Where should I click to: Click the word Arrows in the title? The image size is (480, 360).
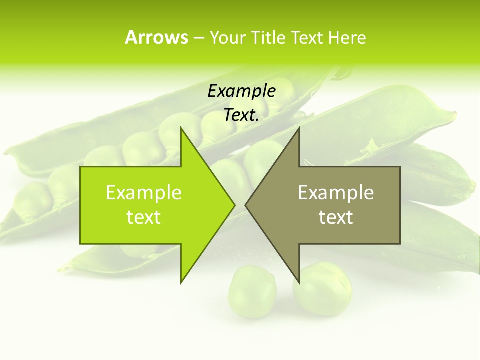pyautogui.click(x=156, y=37)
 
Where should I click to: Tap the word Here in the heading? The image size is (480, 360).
pyautogui.click(x=347, y=37)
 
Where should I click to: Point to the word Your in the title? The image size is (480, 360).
pyautogui.click(x=227, y=37)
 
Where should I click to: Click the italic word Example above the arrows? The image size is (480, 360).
pyautogui.click(x=242, y=91)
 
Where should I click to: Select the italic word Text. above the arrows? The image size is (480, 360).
pyautogui.click(x=242, y=115)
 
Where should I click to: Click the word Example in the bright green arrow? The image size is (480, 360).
pyautogui.click(x=144, y=193)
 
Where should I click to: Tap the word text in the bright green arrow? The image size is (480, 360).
pyautogui.click(x=144, y=217)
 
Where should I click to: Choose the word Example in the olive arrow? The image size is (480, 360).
pyautogui.click(x=336, y=193)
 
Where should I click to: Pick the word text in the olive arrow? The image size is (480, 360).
pyautogui.click(x=336, y=217)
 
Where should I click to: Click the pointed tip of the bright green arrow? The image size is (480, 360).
pyautogui.click(x=234, y=205)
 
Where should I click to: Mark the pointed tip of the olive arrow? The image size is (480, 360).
pyautogui.click(x=246, y=205)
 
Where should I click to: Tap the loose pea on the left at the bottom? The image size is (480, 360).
pyautogui.click(x=252, y=291)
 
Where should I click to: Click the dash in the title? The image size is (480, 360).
pyautogui.click(x=198, y=37)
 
